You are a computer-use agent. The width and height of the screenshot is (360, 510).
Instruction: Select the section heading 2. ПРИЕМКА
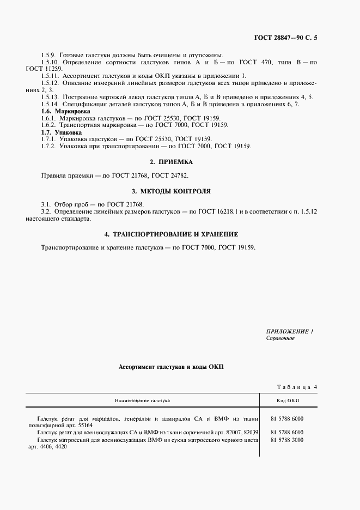pyautogui.click(x=171, y=162)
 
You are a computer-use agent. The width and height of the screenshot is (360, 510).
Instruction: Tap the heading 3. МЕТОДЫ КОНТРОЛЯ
pyautogui.click(x=171, y=191)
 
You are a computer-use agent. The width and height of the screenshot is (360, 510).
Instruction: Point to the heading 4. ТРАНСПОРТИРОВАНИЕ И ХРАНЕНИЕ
pyautogui.click(x=171, y=234)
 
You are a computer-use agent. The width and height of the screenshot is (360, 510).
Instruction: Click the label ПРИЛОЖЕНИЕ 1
pyautogui.click(x=289, y=331)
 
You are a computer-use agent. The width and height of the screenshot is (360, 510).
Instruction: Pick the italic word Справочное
pyautogui.click(x=280, y=338)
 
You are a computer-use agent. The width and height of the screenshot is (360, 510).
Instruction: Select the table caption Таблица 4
pyautogui.click(x=297, y=387)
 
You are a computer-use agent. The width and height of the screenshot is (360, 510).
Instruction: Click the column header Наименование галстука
pyautogui.click(x=142, y=400)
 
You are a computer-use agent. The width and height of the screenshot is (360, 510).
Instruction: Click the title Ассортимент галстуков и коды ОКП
pyautogui.click(x=171, y=367)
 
